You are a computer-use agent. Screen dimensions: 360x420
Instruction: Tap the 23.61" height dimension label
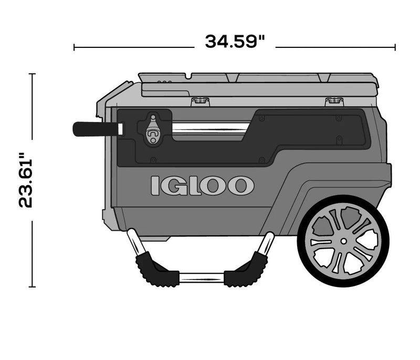point(27,180)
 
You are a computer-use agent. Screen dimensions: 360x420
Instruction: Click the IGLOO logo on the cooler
point(202,186)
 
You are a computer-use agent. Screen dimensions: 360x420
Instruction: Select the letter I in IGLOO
point(155,186)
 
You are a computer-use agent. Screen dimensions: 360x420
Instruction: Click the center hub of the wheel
point(343,241)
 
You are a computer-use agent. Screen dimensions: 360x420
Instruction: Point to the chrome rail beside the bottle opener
point(210,128)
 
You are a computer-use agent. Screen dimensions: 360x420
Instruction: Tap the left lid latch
point(198,100)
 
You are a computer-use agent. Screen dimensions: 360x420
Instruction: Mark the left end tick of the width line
point(74,47)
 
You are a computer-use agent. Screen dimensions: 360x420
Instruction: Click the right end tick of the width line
point(395,47)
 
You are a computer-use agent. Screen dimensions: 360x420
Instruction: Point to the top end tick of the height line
point(33,74)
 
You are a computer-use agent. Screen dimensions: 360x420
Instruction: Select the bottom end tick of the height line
point(33,287)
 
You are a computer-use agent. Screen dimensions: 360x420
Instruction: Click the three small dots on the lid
point(165,82)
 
